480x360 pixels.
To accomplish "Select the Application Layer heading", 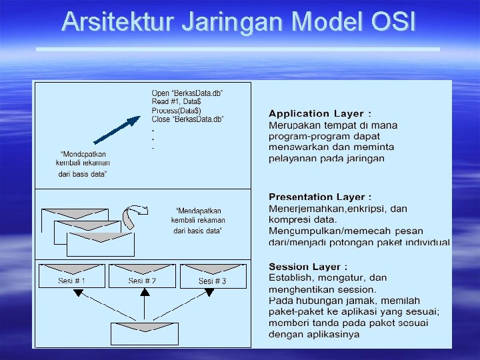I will [x=320, y=114].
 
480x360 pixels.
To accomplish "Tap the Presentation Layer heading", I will [x=320, y=197].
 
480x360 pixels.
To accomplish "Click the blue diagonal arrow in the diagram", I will [x=117, y=130].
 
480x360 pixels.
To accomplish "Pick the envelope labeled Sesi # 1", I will [x=72, y=275].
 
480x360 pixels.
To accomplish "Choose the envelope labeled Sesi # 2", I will [x=143, y=275].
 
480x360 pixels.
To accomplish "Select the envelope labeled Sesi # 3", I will [x=212, y=275].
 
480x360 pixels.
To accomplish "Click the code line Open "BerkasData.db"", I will [x=187, y=93].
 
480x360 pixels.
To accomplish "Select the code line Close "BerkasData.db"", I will [x=187, y=119].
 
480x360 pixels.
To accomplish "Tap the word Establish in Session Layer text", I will [x=291, y=278].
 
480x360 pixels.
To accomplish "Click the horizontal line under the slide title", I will [x=237, y=49].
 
